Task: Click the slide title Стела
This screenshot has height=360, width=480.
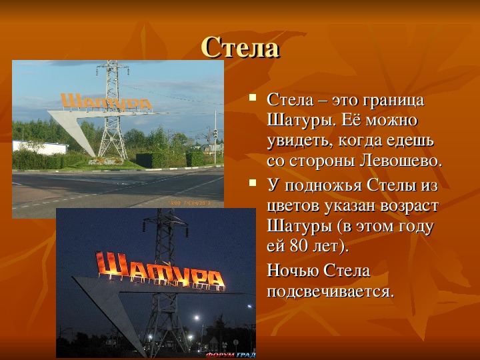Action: tap(240, 47)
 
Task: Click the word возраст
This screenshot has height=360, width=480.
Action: tap(409, 206)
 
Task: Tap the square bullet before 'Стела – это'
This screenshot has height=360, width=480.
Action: tap(253, 97)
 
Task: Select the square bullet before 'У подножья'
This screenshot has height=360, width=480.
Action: tap(253, 183)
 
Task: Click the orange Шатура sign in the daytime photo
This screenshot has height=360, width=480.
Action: tap(106, 101)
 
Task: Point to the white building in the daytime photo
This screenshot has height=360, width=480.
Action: tap(40, 147)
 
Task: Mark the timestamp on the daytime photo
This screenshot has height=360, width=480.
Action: tap(189, 203)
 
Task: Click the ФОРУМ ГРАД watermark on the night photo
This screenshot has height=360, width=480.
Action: tap(231, 355)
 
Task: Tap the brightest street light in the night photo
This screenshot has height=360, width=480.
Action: tap(197, 318)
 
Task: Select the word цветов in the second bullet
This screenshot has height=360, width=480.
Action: tap(293, 206)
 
